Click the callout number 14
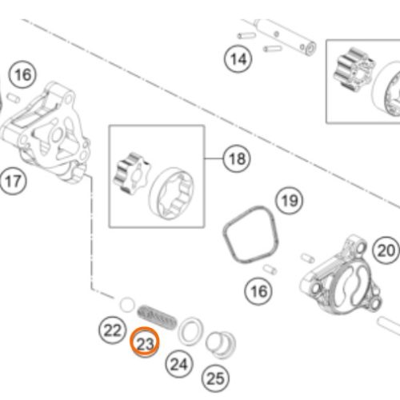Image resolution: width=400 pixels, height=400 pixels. coord(238,59)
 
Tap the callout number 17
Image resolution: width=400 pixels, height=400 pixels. coord(13,182)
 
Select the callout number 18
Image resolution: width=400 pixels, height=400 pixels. coord(237,159)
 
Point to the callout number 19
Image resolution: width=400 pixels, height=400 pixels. coord(290,201)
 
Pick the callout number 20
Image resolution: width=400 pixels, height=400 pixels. coord(386,250)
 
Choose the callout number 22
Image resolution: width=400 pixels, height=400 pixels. coord(112,330)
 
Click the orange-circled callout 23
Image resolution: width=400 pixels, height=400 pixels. coord(145,342)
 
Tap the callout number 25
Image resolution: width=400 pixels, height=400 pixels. coord(215,378)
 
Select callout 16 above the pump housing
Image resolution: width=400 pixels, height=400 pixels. coord(22,75)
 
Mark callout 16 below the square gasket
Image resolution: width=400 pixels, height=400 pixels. coord(258,291)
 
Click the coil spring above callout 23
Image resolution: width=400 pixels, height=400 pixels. coord(157,317)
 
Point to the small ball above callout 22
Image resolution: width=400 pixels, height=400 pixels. coord(127,305)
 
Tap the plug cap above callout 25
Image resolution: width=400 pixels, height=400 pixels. coord(221,345)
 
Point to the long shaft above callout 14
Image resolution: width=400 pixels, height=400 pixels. coord(285,37)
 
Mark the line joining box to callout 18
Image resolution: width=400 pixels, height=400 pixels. coord(214,158)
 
